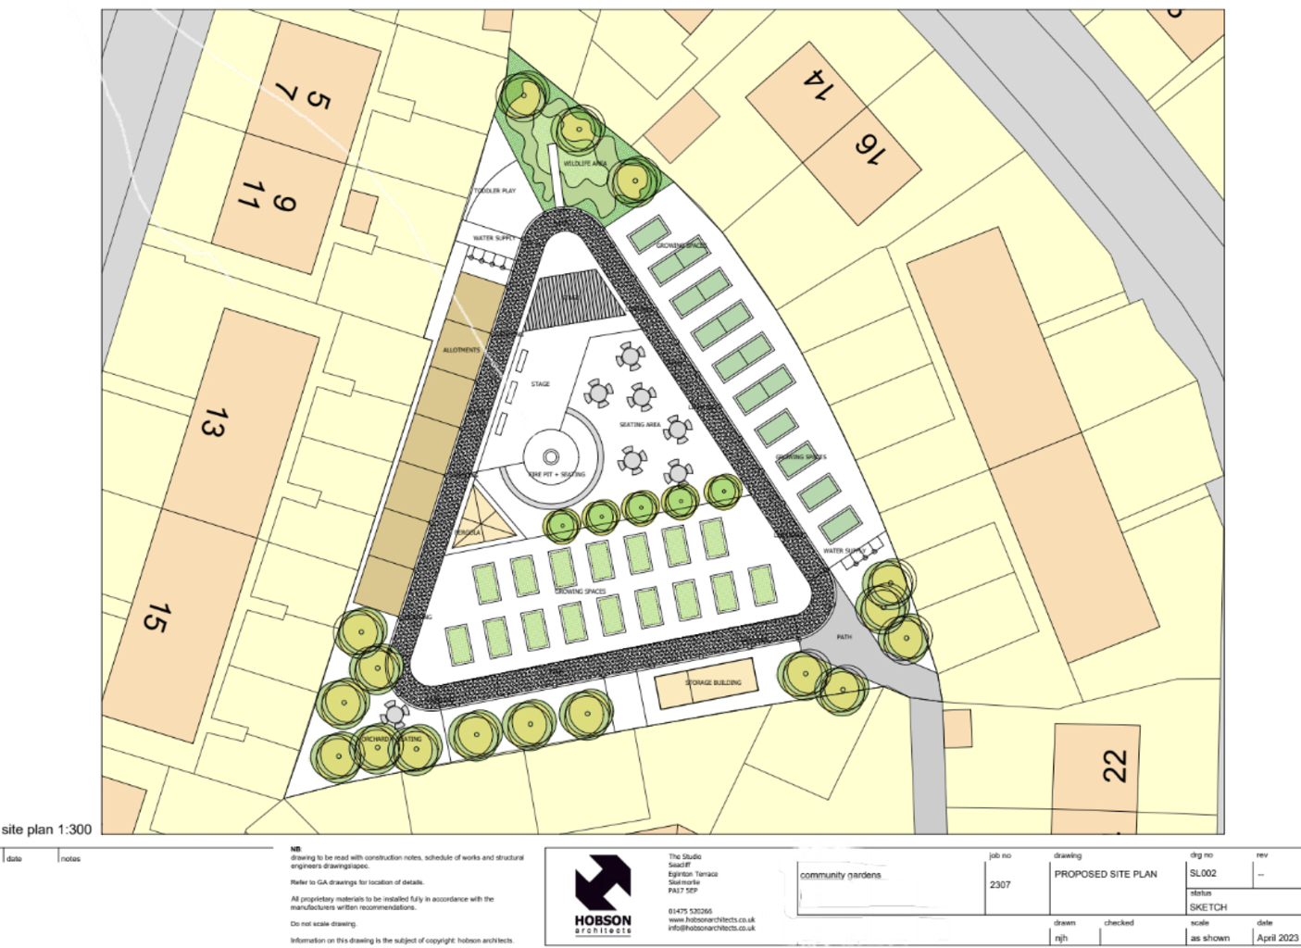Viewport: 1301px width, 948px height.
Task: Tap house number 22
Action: point(1116,767)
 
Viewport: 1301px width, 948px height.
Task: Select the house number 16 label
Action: point(869,147)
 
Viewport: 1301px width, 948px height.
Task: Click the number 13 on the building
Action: point(212,421)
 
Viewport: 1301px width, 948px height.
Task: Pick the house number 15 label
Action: point(155,617)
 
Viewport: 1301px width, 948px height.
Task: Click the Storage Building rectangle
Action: point(706,685)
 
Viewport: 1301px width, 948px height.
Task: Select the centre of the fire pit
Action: point(550,456)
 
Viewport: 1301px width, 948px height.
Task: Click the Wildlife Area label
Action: point(585,164)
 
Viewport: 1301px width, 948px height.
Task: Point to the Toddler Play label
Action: point(494,191)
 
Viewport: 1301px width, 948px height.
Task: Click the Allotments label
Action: point(461,350)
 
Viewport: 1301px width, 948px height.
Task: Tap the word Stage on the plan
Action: point(541,383)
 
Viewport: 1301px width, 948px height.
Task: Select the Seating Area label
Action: point(640,425)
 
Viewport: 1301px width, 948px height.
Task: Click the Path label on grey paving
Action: point(844,637)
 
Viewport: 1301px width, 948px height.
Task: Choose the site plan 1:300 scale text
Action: point(47,829)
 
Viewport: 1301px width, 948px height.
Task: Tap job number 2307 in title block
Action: point(1000,884)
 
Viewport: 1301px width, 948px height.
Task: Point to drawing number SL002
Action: point(1203,873)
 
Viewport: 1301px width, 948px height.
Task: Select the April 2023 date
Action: point(1277,937)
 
